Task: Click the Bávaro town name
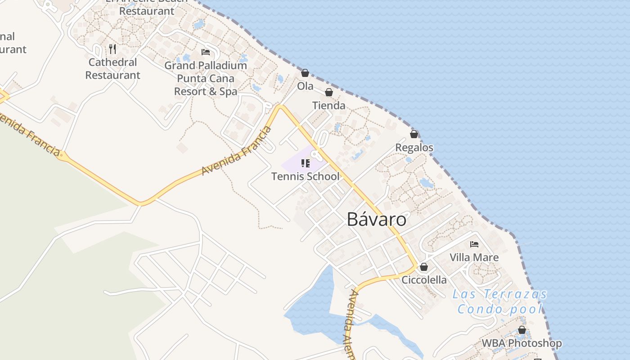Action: pos(377,219)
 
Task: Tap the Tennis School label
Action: pos(305,176)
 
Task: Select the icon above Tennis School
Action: pos(306,163)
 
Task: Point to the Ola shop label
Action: pos(305,85)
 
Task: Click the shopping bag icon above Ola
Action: pos(305,73)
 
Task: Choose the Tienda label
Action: pos(329,105)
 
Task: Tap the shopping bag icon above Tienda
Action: pos(329,92)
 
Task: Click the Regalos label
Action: pos(414,147)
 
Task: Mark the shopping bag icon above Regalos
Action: pos(414,134)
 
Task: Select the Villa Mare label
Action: pos(474,257)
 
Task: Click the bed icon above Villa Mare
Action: pos(474,244)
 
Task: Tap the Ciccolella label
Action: pos(424,280)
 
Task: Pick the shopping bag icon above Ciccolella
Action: pos(423,267)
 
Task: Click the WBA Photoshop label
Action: pos(522,343)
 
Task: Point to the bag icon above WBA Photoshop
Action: pos(522,330)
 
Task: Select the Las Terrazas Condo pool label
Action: pos(499,301)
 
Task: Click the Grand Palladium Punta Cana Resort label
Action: pos(206,78)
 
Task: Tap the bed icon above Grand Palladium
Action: pos(206,52)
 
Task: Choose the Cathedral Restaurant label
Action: pos(112,68)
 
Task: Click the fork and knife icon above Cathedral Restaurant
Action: pos(112,49)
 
